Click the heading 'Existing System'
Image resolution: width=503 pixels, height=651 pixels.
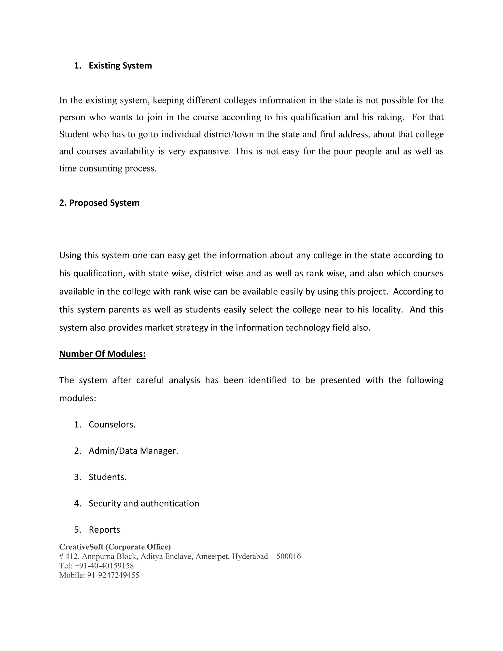pyautogui.click(x=120, y=66)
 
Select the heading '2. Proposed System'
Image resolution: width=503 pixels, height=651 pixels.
pyautogui.click(x=99, y=203)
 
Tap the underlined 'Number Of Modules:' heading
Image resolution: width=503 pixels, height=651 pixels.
pyautogui.click(x=102, y=354)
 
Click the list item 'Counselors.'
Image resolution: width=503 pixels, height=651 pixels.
pyautogui.click(x=112, y=425)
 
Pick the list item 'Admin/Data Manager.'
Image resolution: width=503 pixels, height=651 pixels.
pyautogui.click(x=133, y=451)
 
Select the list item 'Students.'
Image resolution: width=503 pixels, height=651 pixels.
pyautogui.click(x=108, y=477)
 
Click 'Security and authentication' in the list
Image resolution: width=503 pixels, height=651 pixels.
pyautogui.click(x=144, y=503)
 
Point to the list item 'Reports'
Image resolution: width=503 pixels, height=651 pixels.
pyautogui.click(x=104, y=529)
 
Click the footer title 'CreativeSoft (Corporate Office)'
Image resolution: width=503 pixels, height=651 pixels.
pyautogui.click(x=115, y=547)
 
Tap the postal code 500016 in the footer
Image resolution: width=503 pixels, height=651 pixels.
pyautogui.click(x=288, y=556)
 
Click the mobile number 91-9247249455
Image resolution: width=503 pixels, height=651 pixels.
pyautogui.click(x=113, y=575)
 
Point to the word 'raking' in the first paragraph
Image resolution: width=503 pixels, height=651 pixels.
pyautogui.click(x=390, y=117)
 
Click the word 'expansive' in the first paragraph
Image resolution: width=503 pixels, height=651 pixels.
pyautogui.click(x=209, y=151)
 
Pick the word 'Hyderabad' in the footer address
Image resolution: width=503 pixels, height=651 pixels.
pyautogui.click(x=250, y=556)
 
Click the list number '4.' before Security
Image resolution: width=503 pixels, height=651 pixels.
pyautogui.click(x=77, y=503)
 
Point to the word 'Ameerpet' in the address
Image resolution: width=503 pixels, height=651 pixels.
pyautogui.click(x=212, y=556)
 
